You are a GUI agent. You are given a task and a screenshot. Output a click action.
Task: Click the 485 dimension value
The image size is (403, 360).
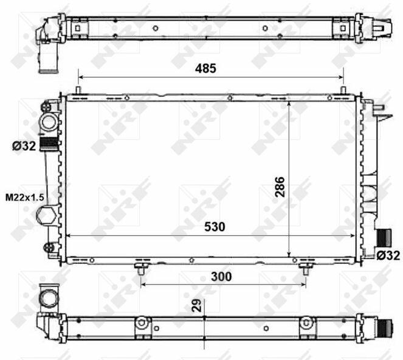205,68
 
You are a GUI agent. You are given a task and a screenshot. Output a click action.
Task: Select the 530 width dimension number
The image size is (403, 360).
215,227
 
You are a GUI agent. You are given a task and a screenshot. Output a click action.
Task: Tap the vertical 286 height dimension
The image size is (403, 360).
280,187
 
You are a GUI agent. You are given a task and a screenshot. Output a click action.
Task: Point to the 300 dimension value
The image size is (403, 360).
221,277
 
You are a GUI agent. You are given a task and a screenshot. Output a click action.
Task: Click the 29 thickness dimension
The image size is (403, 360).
197,305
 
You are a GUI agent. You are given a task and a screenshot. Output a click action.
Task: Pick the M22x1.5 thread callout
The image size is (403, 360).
25,198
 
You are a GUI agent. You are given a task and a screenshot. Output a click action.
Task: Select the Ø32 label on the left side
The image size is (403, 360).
24,147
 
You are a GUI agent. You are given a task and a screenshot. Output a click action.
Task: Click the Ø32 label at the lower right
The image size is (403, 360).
388,255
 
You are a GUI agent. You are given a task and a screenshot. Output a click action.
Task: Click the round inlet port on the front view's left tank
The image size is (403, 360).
49,122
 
